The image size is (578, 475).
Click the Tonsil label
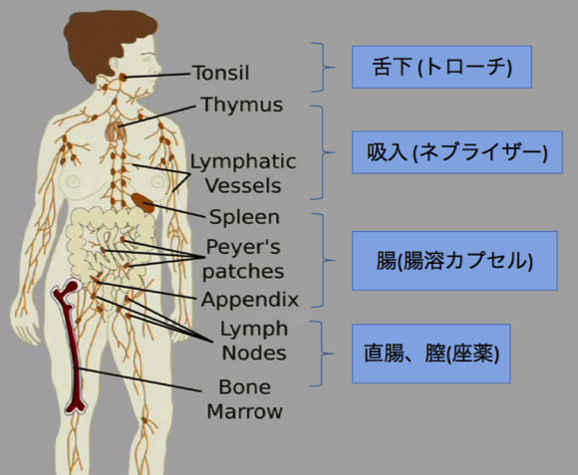pyautogui.click(x=221, y=73)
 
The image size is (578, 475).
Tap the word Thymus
pyautogui.click(x=242, y=105)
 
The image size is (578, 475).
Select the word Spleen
pyautogui.click(x=244, y=217)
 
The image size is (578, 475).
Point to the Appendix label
pyautogui.click(x=249, y=300)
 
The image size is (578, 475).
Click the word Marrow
pyautogui.click(x=244, y=411)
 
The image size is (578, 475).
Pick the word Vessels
pyautogui.click(x=243, y=185)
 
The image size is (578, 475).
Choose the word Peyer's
pyautogui.click(x=243, y=246)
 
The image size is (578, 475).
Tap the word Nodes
pyautogui.click(x=254, y=353)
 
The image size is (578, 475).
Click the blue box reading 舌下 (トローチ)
pyautogui.click(x=441, y=67)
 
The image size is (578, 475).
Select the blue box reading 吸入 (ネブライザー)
pyautogui.click(x=457, y=152)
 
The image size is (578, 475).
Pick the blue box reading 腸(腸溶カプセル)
pyautogui.click(x=454, y=261)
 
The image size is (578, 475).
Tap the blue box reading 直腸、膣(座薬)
pyautogui.click(x=431, y=354)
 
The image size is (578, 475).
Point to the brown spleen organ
pyautogui.click(x=144, y=202)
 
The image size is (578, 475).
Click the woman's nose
pyautogui.click(x=158, y=67)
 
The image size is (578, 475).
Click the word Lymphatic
pyautogui.click(x=243, y=161)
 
